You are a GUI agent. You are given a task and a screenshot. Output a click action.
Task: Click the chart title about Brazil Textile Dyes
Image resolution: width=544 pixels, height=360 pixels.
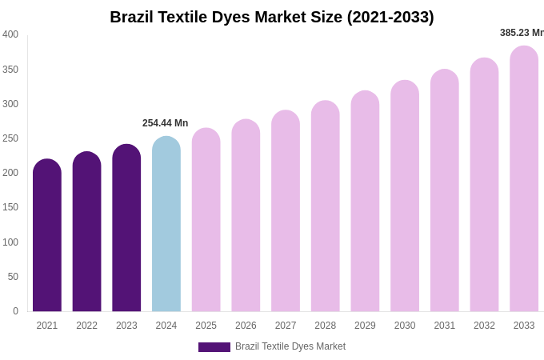(x=272, y=17)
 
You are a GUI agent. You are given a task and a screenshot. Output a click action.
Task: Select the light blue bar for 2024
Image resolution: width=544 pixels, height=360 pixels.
(x=166, y=228)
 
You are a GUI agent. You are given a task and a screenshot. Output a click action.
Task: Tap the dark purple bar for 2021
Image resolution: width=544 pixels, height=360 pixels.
(x=47, y=240)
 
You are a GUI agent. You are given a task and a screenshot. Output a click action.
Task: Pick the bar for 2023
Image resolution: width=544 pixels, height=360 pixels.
(x=126, y=232)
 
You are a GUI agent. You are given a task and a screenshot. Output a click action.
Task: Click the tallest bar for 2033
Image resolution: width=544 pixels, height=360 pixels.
(x=524, y=184)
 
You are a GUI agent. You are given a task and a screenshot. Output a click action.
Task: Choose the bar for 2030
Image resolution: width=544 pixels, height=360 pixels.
(x=405, y=200)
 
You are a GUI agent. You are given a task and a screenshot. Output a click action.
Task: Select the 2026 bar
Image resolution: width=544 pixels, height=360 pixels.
(x=246, y=220)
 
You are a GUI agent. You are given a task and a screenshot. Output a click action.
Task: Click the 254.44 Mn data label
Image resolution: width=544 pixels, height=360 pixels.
(x=166, y=123)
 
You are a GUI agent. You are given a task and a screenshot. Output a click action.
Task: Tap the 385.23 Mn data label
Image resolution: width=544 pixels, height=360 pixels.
(x=522, y=33)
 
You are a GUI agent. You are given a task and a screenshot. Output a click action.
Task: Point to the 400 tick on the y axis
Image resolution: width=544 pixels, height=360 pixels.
(x=10, y=34)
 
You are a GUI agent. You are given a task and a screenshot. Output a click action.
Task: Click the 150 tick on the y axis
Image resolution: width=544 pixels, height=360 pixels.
(x=10, y=207)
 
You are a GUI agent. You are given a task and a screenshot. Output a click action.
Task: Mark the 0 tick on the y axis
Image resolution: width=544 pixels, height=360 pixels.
(x=15, y=311)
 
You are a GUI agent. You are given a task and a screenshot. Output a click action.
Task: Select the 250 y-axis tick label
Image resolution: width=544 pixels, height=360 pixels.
(x=10, y=138)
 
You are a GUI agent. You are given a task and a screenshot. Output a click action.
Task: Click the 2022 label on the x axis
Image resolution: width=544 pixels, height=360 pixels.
(x=86, y=326)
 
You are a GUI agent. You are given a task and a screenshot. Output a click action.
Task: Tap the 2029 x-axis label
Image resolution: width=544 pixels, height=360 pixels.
(x=365, y=326)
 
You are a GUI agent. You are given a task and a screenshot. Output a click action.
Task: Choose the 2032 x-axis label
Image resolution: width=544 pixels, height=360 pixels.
(x=484, y=326)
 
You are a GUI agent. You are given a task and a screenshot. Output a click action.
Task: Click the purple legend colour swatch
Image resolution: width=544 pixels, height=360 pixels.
(x=214, y=347)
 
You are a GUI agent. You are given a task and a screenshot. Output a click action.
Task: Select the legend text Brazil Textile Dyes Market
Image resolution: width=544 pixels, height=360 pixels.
(x=290, y=346)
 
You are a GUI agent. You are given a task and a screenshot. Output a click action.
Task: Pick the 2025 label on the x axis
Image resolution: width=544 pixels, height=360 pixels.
(x=206, y=326)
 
